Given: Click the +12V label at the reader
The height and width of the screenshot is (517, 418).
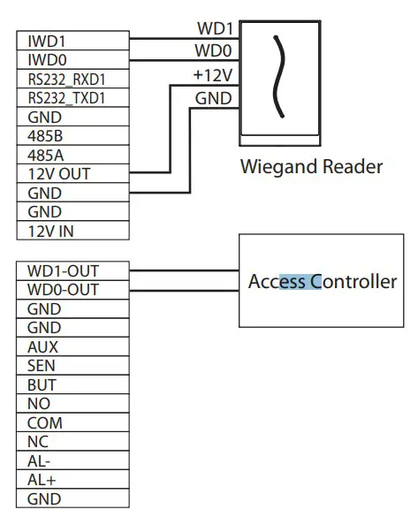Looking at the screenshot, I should tap(212, 76).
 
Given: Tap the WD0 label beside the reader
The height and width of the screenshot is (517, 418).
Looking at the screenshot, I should tap(214, 52).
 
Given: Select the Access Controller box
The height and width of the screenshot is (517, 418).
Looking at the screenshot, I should tap(322, 282).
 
